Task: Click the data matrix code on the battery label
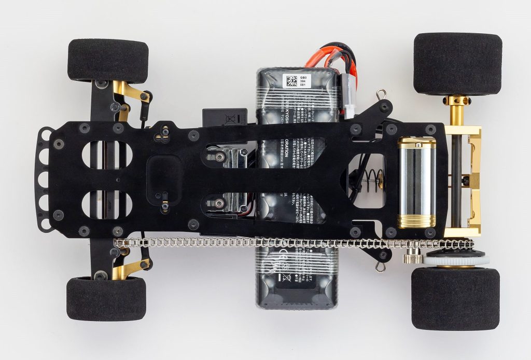click(290, 81)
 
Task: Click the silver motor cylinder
click(416, 182)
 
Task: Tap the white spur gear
click(455, 259)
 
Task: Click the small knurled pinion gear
click(412, 256)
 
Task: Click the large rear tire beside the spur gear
click(455, 298)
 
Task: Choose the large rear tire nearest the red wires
click(457, 63)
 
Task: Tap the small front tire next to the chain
click(106, 299)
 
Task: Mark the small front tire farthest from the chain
click(108, 60)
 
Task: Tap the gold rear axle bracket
click(473, 182)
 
